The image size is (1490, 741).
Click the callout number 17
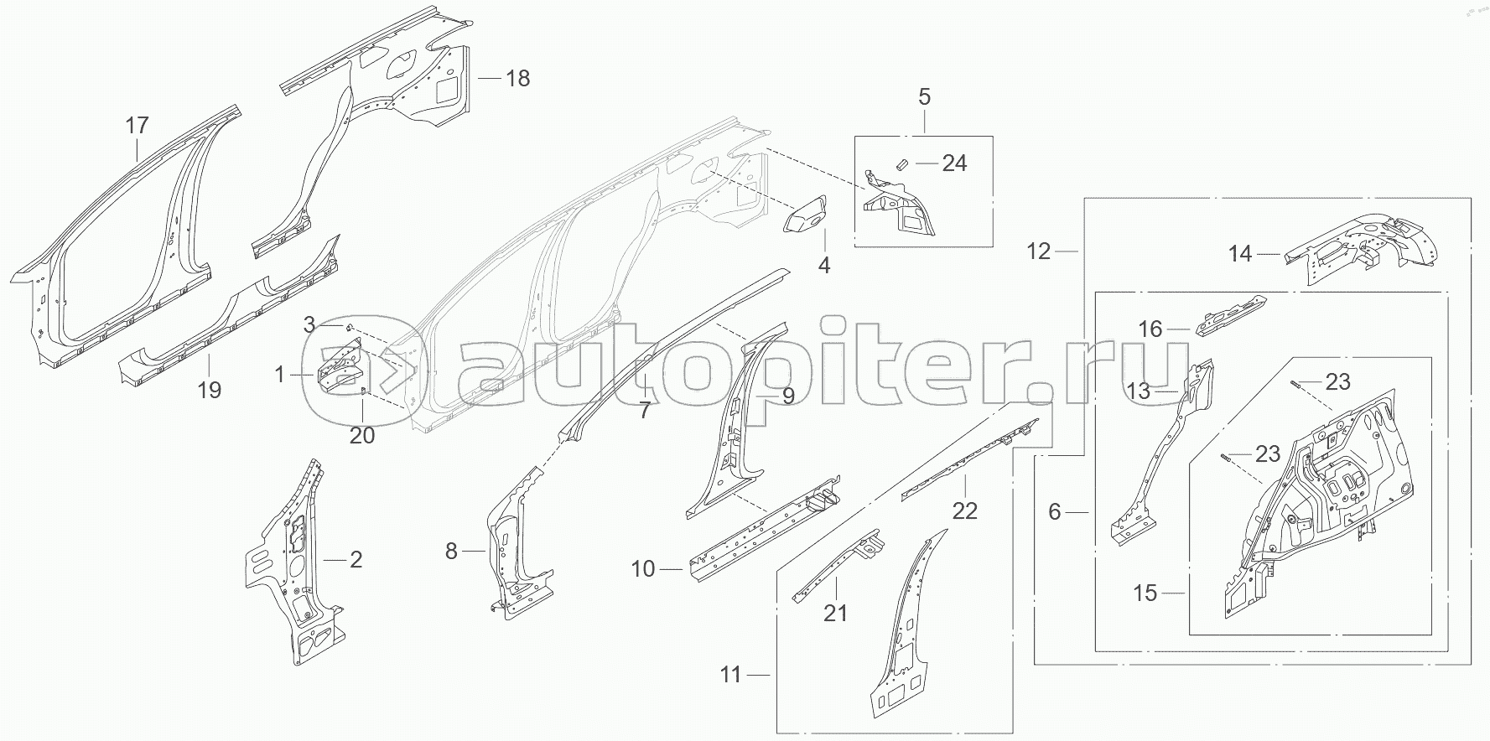click(137, 127)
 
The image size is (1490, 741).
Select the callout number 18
click(518, 79)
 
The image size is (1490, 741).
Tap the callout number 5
click(924, 97)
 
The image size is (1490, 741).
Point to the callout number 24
click(954, 163)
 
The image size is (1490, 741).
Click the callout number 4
click(824, 266)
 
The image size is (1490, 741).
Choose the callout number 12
click(1038, 251)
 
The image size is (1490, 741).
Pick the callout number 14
click(1240, 253)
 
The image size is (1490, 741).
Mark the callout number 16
click(1150, 329)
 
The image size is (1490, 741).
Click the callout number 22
click(965, 510)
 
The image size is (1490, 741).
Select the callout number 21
click(835, 613)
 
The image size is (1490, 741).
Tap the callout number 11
click(731, 674)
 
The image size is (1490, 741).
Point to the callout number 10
click(642, 569)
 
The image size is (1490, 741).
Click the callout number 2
click(356, 559)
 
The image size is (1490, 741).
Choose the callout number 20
click(362, 435)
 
